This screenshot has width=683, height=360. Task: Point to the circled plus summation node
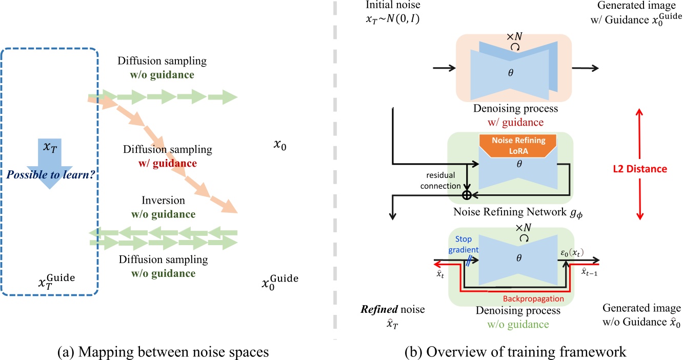[x=467, y=195]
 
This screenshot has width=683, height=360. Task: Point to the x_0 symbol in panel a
[x=280, y=146]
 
